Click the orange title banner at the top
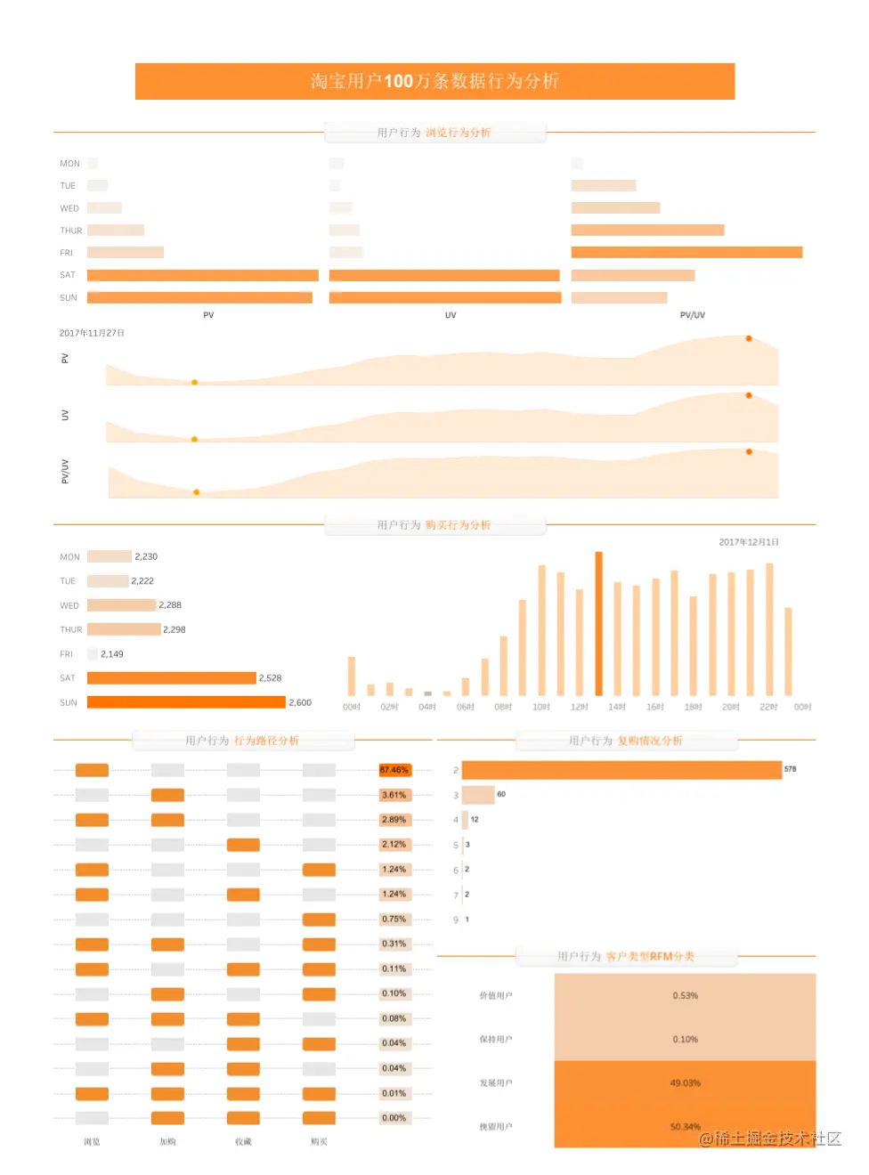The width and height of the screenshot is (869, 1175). pos(434,81)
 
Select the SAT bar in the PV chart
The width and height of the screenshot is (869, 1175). pos(202,275)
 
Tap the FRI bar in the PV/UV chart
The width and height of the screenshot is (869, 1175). pos(686,253)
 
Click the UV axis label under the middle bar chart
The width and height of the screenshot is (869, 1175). pos(451,315)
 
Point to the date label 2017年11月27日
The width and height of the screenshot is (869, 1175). pos(92,333)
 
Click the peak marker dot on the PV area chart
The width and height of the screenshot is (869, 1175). pos(749,338)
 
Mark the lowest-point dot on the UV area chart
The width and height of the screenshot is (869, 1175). pos(194,439)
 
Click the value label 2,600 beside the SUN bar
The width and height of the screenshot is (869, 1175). pos(300,702)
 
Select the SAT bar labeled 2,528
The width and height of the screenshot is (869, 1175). pos(171,678)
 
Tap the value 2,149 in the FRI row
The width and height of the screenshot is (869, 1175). pos(112,654)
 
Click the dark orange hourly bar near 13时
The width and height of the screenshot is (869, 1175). pos(598,623)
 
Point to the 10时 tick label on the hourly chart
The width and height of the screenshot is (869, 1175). pos(541,707)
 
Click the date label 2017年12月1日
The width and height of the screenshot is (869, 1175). pos(749,542)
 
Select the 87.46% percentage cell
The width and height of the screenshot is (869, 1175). pos(394,770)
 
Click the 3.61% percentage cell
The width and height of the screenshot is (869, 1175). pos(394,795)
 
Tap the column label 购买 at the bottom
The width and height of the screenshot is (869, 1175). pos(319,1142)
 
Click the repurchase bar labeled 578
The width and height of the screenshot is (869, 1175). pos(621,770)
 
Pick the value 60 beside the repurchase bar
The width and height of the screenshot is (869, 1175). pos(501,794)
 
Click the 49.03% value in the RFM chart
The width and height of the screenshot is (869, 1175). pos(685,1083)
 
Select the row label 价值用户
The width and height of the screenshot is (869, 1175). pos(496,996)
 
